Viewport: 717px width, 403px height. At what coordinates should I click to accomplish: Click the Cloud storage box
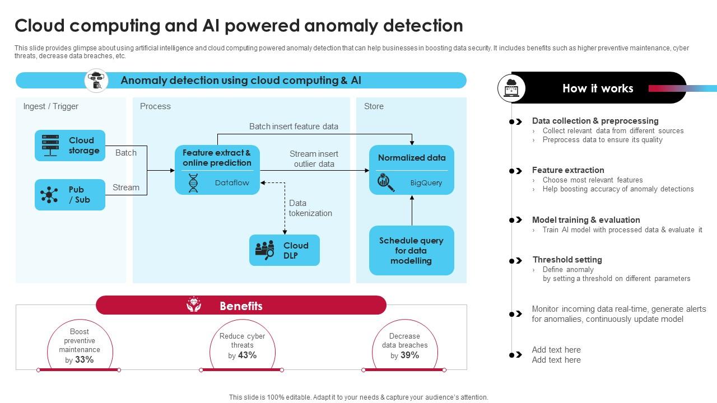point(70,146)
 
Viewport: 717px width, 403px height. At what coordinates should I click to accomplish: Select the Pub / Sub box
point(70,195)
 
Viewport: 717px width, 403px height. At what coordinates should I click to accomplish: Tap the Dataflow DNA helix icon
point(193,183)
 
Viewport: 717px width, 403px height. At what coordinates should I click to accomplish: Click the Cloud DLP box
point(285,250)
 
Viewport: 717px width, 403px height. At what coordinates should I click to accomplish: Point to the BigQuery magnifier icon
point(386,182)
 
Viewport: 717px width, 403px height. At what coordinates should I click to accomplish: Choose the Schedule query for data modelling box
point(411,251)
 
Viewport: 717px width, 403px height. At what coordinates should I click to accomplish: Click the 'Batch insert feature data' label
point(294,126)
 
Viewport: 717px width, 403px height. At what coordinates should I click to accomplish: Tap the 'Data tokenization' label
point(310,208)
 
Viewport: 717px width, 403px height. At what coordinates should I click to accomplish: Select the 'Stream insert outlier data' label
point(314,159)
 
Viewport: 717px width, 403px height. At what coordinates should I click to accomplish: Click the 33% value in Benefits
point(84,360)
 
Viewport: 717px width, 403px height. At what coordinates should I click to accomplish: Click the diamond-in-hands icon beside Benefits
point(194,305)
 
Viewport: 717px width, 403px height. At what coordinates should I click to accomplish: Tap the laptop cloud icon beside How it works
point(511,88)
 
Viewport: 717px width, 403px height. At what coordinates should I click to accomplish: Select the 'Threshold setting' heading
point(567,260)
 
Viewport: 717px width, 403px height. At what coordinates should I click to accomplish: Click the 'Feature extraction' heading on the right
point(567,170)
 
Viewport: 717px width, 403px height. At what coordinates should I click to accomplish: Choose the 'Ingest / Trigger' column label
point(50,106)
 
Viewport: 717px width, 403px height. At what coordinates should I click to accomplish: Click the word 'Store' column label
point(374,106)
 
